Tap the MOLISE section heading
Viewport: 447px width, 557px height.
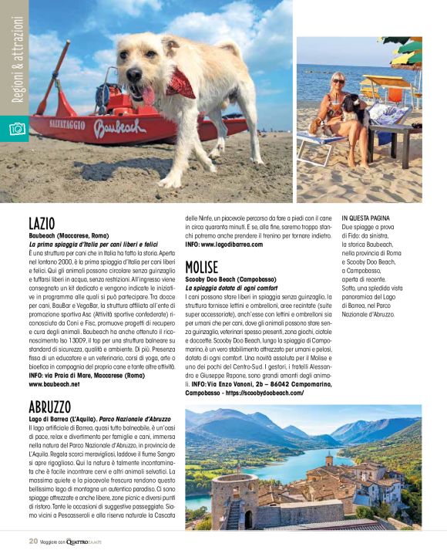click(202, 267)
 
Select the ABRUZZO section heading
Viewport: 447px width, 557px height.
click(50, 407)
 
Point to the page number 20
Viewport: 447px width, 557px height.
click(33, 541)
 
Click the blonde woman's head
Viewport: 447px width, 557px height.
click(337, 79)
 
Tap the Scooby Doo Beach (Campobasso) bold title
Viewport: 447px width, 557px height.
click(232, 280)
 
